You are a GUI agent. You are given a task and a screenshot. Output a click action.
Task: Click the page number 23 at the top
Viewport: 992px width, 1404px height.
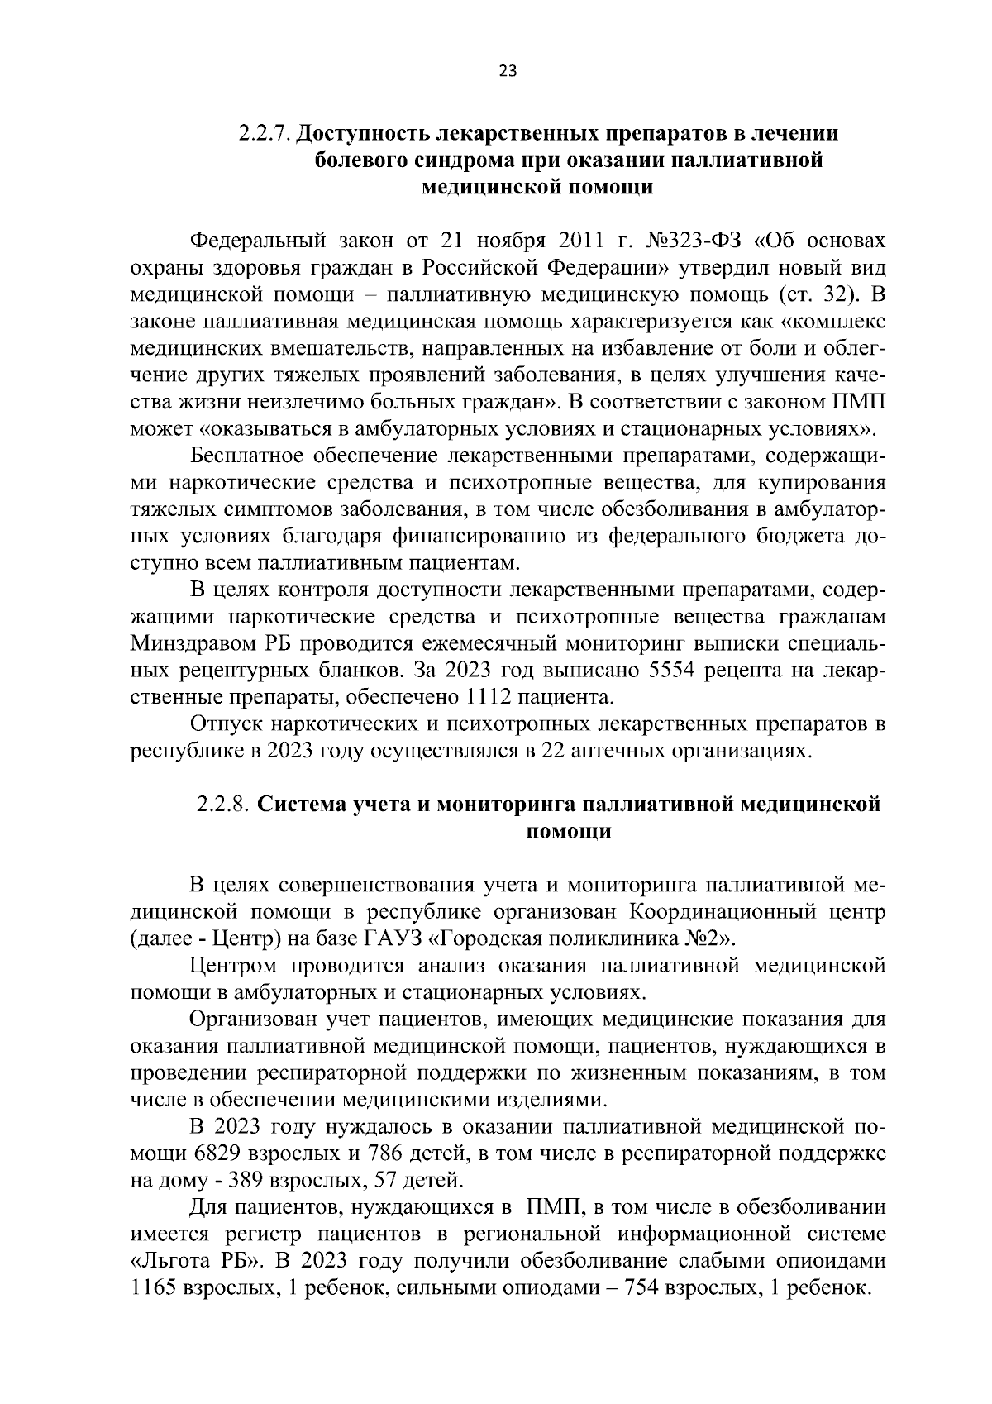coord(508,71)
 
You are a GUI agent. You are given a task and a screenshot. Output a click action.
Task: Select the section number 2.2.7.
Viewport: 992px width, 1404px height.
coord(265,133)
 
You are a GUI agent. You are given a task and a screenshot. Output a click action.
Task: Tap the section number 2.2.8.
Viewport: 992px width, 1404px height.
coord(223,805)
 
